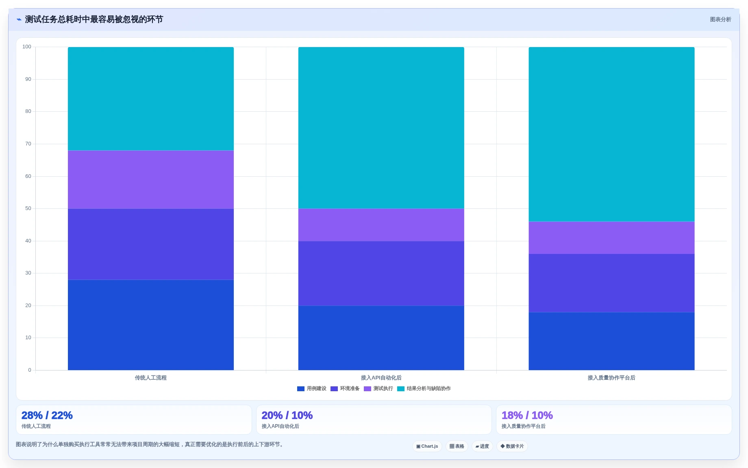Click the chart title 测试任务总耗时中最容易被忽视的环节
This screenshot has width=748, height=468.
(94, 19)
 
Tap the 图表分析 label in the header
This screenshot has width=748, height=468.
(720, 19)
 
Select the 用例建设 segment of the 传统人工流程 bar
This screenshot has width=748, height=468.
(151, 325)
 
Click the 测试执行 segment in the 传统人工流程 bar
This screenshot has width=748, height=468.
(151, 180)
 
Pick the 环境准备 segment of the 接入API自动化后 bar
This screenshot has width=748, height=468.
(381, 273)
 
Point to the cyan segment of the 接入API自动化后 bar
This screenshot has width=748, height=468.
(381, 128)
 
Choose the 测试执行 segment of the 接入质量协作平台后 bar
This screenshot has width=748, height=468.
(611, 238)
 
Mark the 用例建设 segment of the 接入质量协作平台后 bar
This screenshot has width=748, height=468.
(611, 341)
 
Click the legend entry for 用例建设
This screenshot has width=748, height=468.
(312, 389)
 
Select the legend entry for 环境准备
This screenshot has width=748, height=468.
(345, 389)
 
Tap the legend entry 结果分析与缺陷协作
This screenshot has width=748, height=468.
(424, 389)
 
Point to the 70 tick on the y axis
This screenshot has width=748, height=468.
(28, 144)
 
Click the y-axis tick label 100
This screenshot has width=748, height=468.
(27, 47)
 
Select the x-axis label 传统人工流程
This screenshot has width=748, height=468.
(151, 378)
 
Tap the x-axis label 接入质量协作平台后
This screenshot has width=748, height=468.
(611, 378)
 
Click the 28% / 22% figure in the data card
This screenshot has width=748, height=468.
(47, 415)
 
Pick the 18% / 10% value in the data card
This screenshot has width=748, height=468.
(527, 415)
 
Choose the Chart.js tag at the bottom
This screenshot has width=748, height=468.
(427, 446)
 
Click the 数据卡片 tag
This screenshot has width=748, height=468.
(512, 446)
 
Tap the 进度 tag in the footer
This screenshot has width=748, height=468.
(482, 446)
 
